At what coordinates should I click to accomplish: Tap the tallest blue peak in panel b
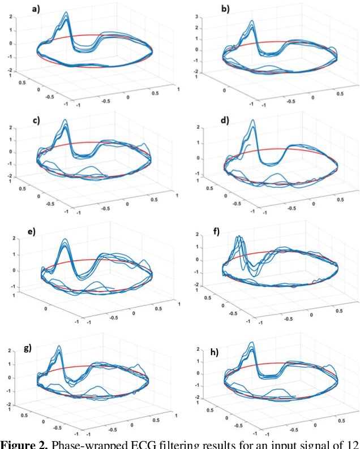point(252,21)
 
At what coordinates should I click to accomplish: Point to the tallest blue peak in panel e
point(65,240)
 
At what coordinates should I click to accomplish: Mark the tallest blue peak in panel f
point(239,236)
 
